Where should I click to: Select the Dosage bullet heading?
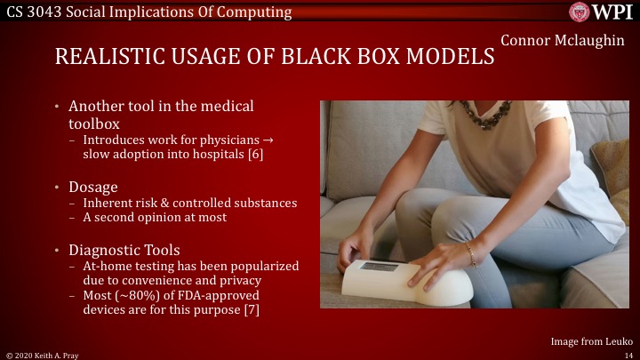[93, 187]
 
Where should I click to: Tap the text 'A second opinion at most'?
[154, 217]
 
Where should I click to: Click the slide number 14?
[627, 354]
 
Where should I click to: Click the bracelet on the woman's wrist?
[471, 255]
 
